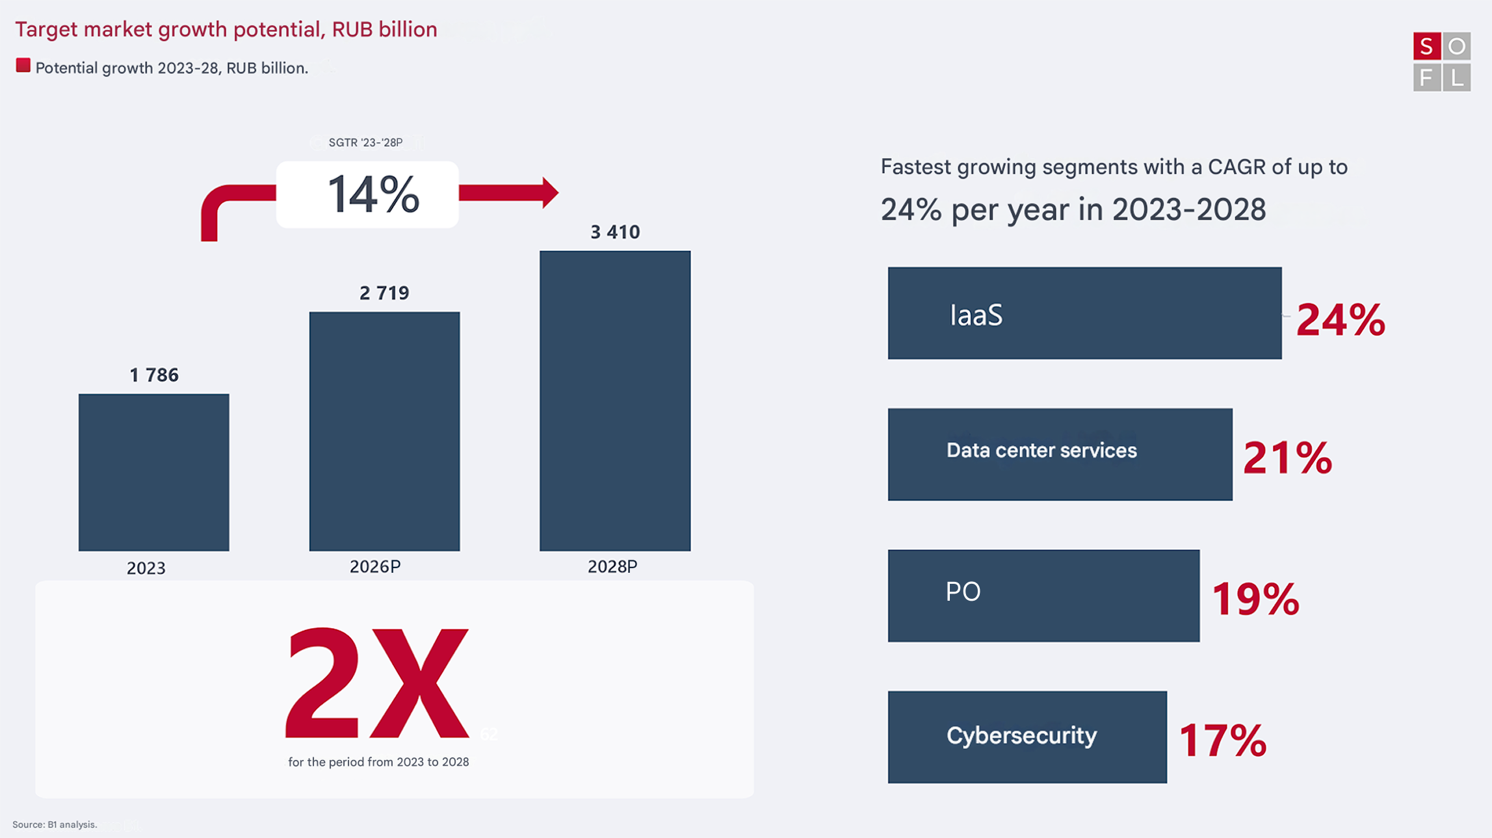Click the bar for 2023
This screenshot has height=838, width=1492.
click(x=153, y=472)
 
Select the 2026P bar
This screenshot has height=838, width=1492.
click(x=384, y=431)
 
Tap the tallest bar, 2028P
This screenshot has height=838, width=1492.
click(x=615, y=400)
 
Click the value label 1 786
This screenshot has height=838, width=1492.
click(x=154, y=375)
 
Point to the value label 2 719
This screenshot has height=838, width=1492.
click(x=384, y=293)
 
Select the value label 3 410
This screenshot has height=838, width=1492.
click(x=615, y=232)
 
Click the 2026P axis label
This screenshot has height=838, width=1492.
click(x=375, y=567)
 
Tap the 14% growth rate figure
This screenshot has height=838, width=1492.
click(x=373, y=194)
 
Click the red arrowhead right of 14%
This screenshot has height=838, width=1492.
click(x=549, y=192)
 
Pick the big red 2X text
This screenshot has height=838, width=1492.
click(x=377, y=684)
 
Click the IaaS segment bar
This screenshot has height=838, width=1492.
click(x=1084, y=313)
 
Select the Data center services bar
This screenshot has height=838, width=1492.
click(x=1060, y=454)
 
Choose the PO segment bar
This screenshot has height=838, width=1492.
click(x=1043, y=596)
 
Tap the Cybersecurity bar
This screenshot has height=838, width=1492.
click(x=1027, y=737)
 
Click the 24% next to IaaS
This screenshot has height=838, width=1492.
click(x=1340, y=321)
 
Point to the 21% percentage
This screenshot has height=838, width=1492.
click(x=1287, y=458)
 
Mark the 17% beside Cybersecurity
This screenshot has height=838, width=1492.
click(x=1222, y=740)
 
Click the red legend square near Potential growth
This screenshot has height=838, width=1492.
click(x=23, y=66)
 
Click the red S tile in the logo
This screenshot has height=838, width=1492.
click(x=1426, y=47)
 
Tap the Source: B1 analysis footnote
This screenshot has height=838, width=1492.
click(x=55, y=824)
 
